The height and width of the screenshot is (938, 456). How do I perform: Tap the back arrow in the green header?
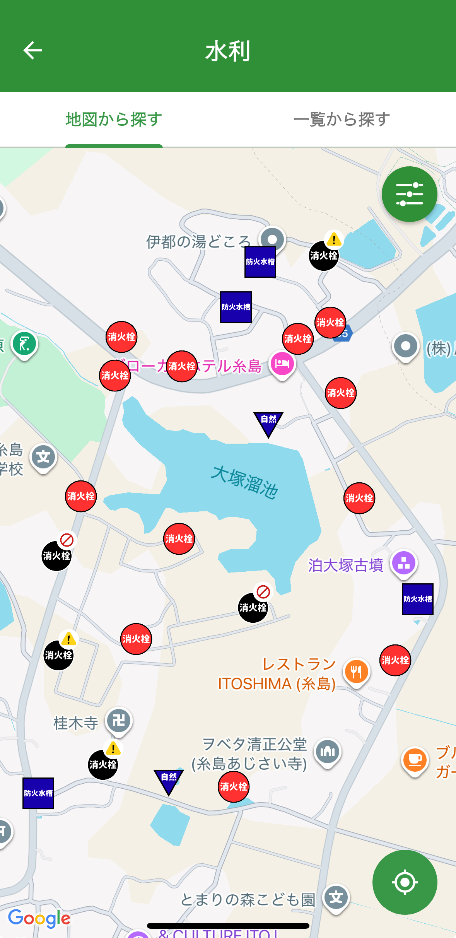32,51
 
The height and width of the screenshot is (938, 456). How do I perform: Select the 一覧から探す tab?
342,119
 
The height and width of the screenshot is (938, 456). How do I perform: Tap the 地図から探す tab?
114,119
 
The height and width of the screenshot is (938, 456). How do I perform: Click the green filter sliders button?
409,194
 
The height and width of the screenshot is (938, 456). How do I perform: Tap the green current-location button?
405,882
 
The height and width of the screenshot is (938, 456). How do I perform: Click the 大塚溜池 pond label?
244,482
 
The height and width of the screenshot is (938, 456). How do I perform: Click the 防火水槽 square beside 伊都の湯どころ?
260,262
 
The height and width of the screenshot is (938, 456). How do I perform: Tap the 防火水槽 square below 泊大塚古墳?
418,599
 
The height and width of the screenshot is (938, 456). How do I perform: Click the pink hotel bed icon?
282,364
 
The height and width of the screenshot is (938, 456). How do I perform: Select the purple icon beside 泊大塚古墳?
404,563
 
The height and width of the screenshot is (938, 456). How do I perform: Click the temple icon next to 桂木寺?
119,720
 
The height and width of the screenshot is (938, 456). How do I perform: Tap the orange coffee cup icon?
415,759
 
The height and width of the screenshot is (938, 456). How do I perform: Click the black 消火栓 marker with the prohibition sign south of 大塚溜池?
253,607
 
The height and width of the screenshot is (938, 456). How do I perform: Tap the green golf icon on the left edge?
24,343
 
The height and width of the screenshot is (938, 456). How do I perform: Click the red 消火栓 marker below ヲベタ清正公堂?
234,786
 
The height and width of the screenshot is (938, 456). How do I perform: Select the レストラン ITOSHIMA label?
277,674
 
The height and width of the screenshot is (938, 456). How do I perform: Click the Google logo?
39,918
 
